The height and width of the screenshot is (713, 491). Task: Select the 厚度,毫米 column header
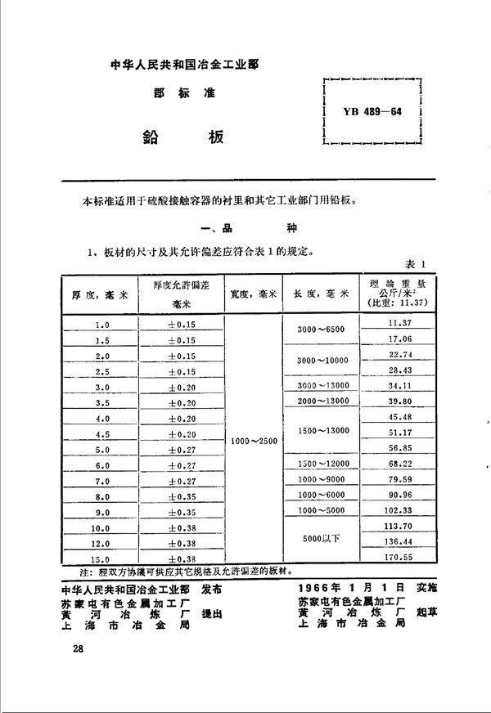97,293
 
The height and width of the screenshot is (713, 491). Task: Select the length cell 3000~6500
321,329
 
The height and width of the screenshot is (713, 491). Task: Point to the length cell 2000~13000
321,401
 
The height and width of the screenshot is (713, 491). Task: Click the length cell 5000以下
321,539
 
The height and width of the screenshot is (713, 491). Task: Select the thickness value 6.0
101,464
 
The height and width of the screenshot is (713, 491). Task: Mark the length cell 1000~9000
321,480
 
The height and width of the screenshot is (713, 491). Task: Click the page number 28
78,648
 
